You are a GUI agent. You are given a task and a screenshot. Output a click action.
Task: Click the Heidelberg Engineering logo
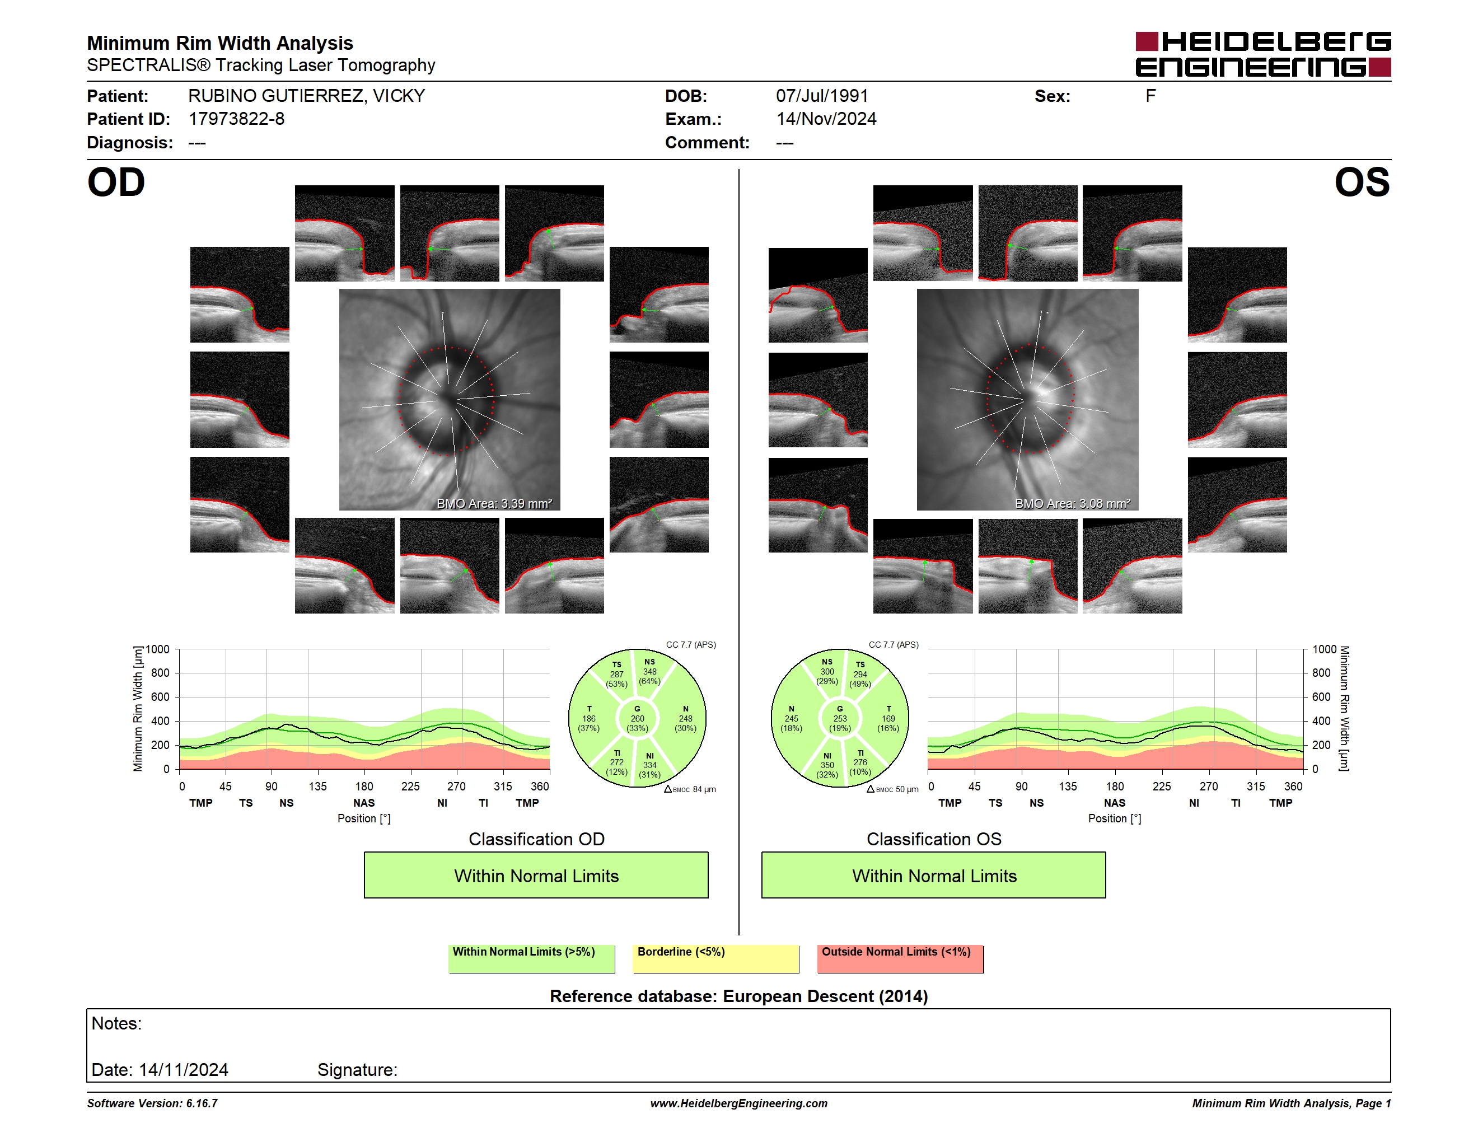(x=1263, y=54)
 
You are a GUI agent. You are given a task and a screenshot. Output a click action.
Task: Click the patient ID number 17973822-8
(x=236, y=119)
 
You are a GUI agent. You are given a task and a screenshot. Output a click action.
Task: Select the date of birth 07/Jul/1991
(x=821, y=96)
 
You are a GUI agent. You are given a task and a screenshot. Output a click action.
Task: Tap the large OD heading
(x=116, y=182)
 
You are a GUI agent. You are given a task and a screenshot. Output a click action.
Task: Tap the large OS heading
(x=1362, y=182)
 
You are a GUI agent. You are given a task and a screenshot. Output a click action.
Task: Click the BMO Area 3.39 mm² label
(x=494, y=503)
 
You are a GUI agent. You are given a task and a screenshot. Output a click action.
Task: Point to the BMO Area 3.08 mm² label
(x=1072, y=503)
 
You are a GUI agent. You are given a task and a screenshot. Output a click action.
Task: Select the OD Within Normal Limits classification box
(x=536, y=875)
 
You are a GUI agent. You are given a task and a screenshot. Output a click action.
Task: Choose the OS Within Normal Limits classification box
(x=934, y=875)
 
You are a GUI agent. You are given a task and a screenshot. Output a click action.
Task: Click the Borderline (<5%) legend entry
(x=716, y=958)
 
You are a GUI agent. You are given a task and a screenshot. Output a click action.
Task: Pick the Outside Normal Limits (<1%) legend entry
(x=900, y=958)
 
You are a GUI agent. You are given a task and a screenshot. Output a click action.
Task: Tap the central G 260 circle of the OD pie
(x=637, y=718)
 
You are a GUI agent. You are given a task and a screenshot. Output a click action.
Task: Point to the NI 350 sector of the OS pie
(x=827, y=765)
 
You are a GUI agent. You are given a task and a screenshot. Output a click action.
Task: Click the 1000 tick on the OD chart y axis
(x=157, y=649)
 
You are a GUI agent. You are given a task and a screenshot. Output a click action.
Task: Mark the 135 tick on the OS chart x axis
(x=1068, y=786)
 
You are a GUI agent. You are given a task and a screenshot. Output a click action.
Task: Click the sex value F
(x=1150, y=96)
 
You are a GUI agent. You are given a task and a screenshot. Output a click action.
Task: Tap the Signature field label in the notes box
(x=357, y=1070)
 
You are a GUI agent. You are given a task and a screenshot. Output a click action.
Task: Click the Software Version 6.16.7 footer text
(x=152, y=1103)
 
